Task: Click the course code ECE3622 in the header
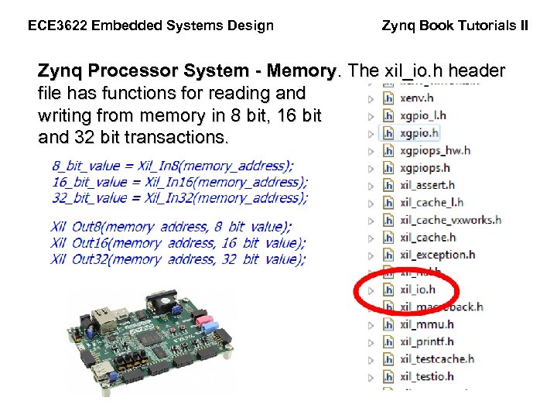click(56, 26)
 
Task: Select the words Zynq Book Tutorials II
click(455, 26)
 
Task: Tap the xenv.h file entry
click(417, 98)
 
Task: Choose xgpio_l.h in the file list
click(422, 115)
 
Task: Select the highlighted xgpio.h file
click(419, 133)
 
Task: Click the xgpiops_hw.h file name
click(435, 150)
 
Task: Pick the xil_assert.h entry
click(427, 185)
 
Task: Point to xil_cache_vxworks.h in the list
click(450, 220)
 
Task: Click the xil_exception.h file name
click(437, 255)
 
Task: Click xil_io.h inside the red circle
click(418, 290)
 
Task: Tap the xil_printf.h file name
click(426, 341)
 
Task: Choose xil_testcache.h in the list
click(436, 359)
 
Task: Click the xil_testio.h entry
click(426, 376)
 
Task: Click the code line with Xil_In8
click(173, 166)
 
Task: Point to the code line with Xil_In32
click(179, 198)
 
